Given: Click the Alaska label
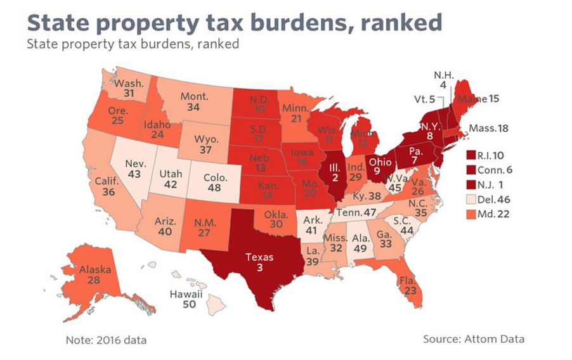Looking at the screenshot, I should [95, 269].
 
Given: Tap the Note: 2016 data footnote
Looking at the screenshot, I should [106, 340].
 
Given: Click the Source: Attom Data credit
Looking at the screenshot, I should [473, 338].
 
